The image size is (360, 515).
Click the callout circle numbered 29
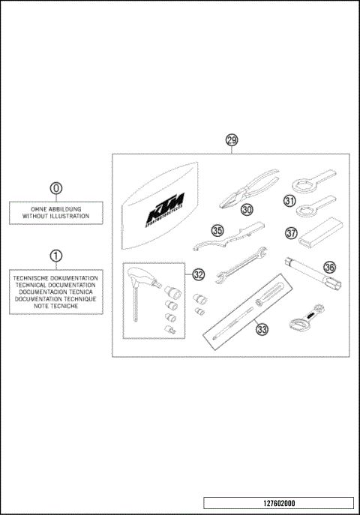click(x=232, y=140)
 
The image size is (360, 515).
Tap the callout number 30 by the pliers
click(x=247, y=211)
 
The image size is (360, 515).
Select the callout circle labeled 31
click(x=289, y=200)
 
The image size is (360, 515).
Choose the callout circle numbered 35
click(x=217, y=231)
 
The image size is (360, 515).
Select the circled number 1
click(x=55, y=256)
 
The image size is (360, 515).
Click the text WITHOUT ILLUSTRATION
click(x=55, y=216)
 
